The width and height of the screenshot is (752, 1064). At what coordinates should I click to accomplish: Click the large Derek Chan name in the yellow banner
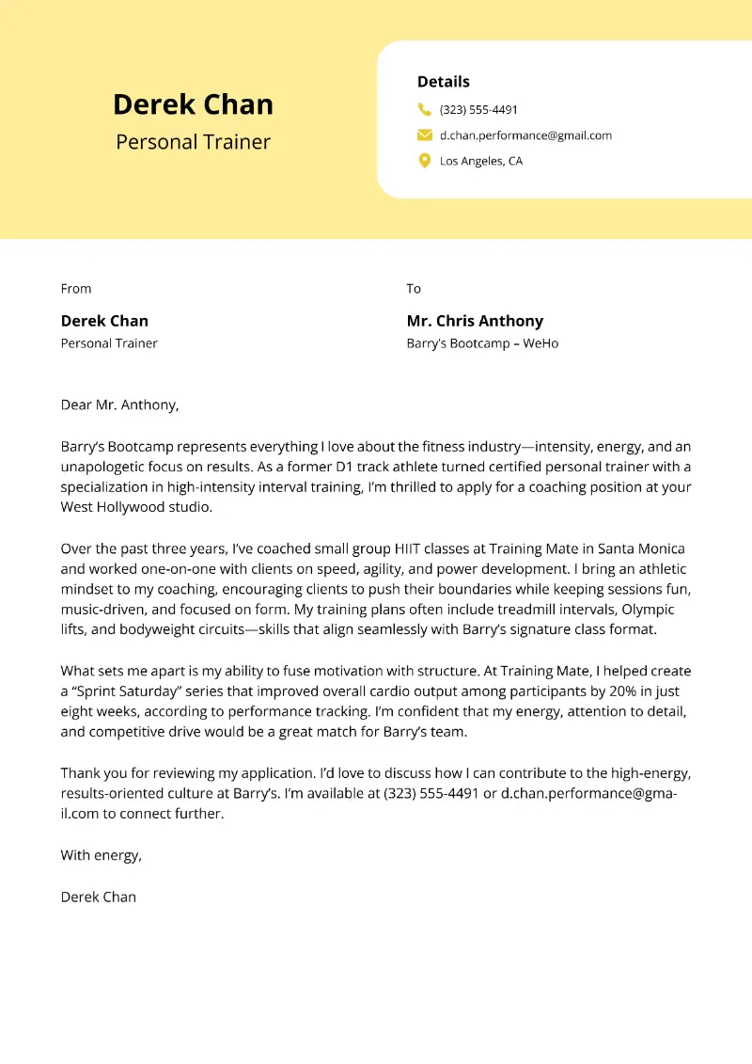193,104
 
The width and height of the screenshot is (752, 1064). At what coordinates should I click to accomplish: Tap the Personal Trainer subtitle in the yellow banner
193,142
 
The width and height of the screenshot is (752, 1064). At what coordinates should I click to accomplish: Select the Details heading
443,82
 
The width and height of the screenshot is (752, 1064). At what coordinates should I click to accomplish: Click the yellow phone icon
424,109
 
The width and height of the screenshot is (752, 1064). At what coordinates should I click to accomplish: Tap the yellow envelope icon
424,135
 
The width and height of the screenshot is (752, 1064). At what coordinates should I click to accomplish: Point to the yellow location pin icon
424,161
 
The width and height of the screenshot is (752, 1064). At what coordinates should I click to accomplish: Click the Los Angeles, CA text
480,161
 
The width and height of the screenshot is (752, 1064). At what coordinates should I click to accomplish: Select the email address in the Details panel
525,135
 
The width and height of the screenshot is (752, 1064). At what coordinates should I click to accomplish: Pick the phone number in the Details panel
478,109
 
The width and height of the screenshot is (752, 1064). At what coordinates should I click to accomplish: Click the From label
76,289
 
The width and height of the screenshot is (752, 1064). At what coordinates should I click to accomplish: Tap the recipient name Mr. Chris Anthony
475,321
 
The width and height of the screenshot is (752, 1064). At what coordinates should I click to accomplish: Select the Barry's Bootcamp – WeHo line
482,343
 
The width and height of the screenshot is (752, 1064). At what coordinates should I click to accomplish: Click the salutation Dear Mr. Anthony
119,405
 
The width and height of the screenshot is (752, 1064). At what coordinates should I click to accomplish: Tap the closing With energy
101,855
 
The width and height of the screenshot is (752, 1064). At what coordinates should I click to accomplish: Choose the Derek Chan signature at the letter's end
99,897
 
